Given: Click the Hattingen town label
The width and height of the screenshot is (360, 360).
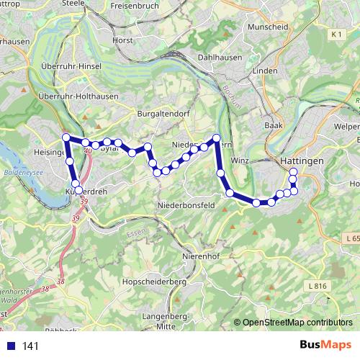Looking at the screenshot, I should [x=302, y=161].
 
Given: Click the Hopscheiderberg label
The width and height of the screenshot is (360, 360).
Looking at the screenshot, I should [x=154, y=282].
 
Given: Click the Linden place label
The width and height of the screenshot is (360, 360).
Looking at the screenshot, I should [x=265, y=71].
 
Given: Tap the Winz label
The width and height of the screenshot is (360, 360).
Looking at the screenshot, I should [x=240, y=161].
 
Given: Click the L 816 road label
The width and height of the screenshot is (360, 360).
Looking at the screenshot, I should [x=317, y=286].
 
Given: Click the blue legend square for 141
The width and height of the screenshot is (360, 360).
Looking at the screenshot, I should [x=10, y=346].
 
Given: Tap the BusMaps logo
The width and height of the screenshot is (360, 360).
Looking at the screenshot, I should [x=325, y=346].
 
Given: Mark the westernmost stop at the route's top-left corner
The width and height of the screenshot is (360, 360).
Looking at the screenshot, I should [x=66, y=138].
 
